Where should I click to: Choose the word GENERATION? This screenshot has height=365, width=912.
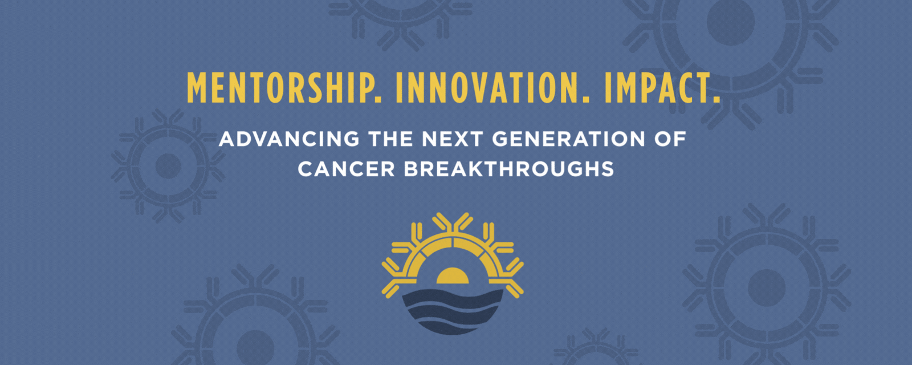click(569, 139)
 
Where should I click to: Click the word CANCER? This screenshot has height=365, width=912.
click(346, 169)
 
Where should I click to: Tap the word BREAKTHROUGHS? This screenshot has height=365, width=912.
click(509, 169)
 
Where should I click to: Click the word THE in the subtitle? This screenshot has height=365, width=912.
click(390, 139)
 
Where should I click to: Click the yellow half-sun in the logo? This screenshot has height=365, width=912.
click(453, 276)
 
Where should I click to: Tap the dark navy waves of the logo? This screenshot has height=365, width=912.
click(453, 311)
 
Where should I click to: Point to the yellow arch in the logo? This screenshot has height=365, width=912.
click(453, 245)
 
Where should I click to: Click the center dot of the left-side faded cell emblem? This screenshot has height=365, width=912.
click(168, 166)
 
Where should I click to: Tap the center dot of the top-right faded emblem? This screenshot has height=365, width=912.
click(731, 21)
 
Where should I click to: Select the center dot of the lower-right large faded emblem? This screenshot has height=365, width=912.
click(767, 288)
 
